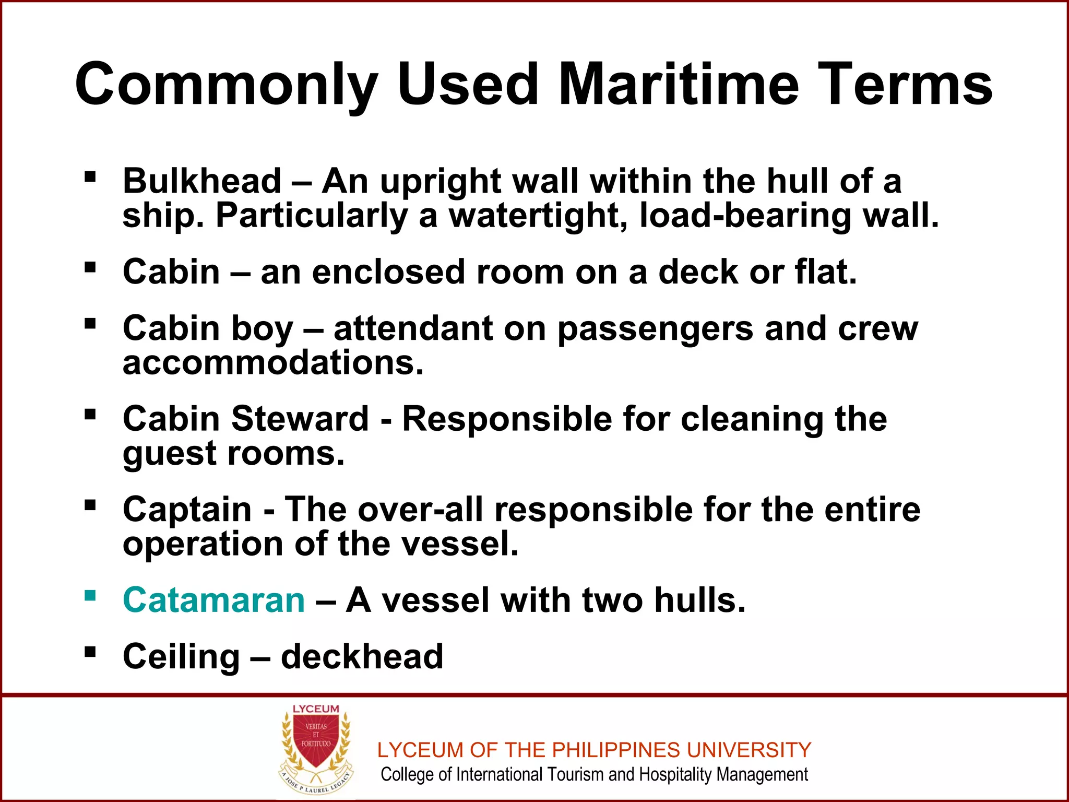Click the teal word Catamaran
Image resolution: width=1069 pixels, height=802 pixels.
[213, 600]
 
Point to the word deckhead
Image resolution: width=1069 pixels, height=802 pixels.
[362, 656]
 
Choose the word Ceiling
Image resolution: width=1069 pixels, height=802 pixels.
[181, 656]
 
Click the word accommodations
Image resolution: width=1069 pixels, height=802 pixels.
[272, 362]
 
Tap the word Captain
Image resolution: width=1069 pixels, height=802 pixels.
[187, 509]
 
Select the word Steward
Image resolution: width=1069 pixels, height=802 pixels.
[300, 419]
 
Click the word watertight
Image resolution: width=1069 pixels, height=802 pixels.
[538, 216]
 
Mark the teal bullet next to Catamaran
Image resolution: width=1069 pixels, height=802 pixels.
[90, 595]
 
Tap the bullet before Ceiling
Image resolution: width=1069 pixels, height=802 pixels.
[90, 652]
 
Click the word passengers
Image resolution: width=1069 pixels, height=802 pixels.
[656, 329]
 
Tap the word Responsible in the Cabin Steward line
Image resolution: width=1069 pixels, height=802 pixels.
[507, 419]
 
